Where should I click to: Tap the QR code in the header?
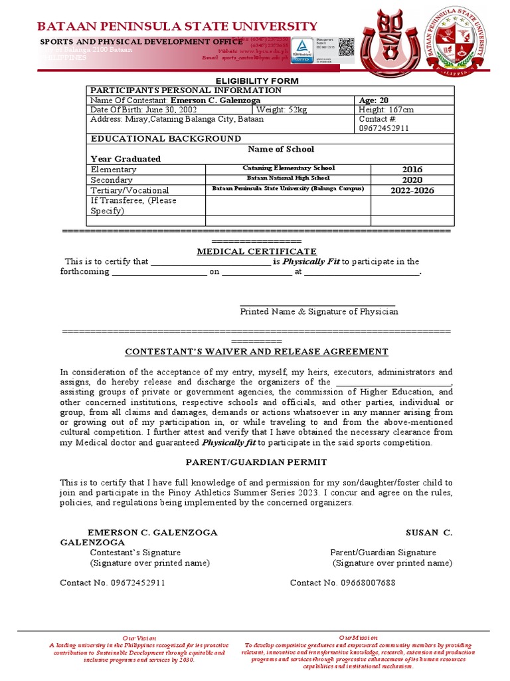pos(346,47)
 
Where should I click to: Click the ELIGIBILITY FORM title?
pos(255,80)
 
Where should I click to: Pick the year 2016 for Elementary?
pos(412,170)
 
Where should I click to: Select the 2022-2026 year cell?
pos(412,190)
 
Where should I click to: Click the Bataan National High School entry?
pos(288,179)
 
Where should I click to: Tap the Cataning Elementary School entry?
pos(288,168)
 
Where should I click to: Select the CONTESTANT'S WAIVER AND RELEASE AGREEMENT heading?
pos(257,351)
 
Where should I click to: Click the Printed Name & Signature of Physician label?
pos(319,311)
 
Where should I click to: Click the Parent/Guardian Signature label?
pos(383,552)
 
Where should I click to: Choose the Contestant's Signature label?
pos(135,552)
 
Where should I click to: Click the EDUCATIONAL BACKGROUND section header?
pos(165,138)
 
